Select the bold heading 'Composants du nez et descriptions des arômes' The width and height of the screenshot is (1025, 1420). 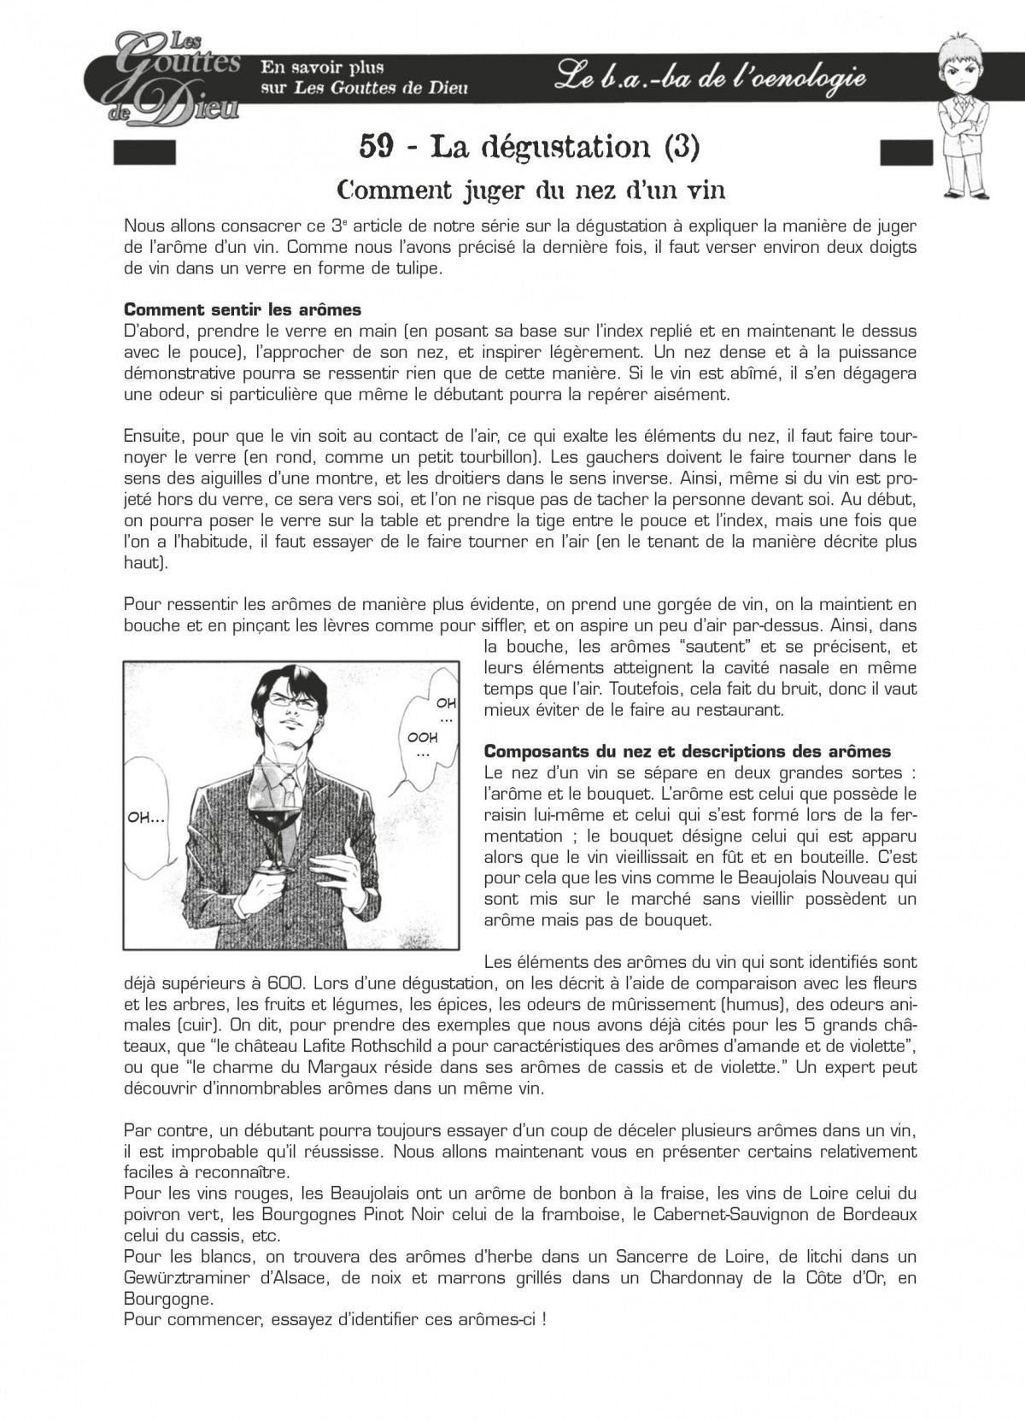[x=687, y=752]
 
